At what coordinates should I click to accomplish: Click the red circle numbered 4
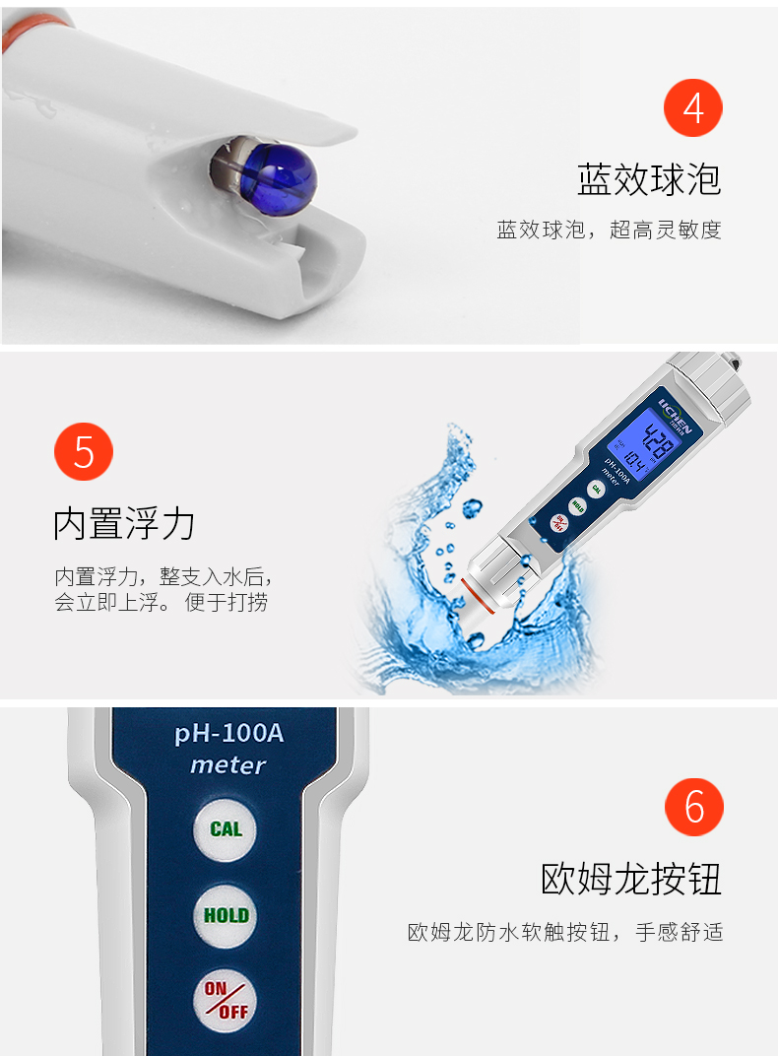pyautogui.click(x=692, y=107)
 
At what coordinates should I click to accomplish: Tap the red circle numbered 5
pyautogui.click(x=84, y=451)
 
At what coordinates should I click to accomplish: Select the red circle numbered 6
pyautogui.click(x=694, y=807)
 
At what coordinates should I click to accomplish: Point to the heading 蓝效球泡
pyautogui.click(x=649, y=180)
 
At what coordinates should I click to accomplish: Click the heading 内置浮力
pyautogui.click(x=124, y=523)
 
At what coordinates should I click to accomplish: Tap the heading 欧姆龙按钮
pyautogui.click(x=631, y=879)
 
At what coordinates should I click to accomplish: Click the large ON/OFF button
pyautogui.click(x=226, y=1001)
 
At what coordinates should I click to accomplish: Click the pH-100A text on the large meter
pyautogui.click(x=228, y=733)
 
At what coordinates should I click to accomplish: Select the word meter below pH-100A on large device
pyautogui.click(x=228, y=765)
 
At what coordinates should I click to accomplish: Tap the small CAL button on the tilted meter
pyautogui.click(x=596, y=490)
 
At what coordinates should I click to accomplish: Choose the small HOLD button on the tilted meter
pyautogui.click(x=577, y=506)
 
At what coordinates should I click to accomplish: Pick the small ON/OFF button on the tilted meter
pyautogui.click(x=558, y=523)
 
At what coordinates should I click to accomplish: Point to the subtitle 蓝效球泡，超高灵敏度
pyautogui.click(x=609, y=231)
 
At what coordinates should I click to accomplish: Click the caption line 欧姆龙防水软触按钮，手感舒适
pyautogui.click(x=565, y=932)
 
